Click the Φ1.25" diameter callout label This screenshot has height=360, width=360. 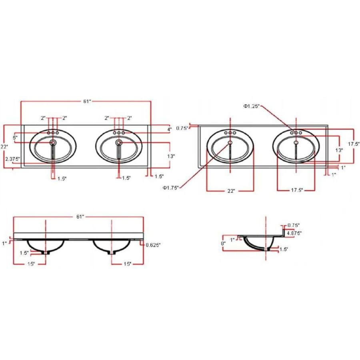point(252,106)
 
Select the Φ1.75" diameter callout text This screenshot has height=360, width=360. point(170,188)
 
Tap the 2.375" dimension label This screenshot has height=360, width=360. point(13,159)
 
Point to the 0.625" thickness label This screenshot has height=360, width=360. point(153,245)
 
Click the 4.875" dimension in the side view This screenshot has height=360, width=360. point(294,233)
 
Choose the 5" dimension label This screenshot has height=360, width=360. point(15,138)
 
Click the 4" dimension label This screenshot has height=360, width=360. point(170,129)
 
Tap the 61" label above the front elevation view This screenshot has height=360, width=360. point(80,216)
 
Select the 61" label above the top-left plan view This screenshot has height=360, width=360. point(87,101)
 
